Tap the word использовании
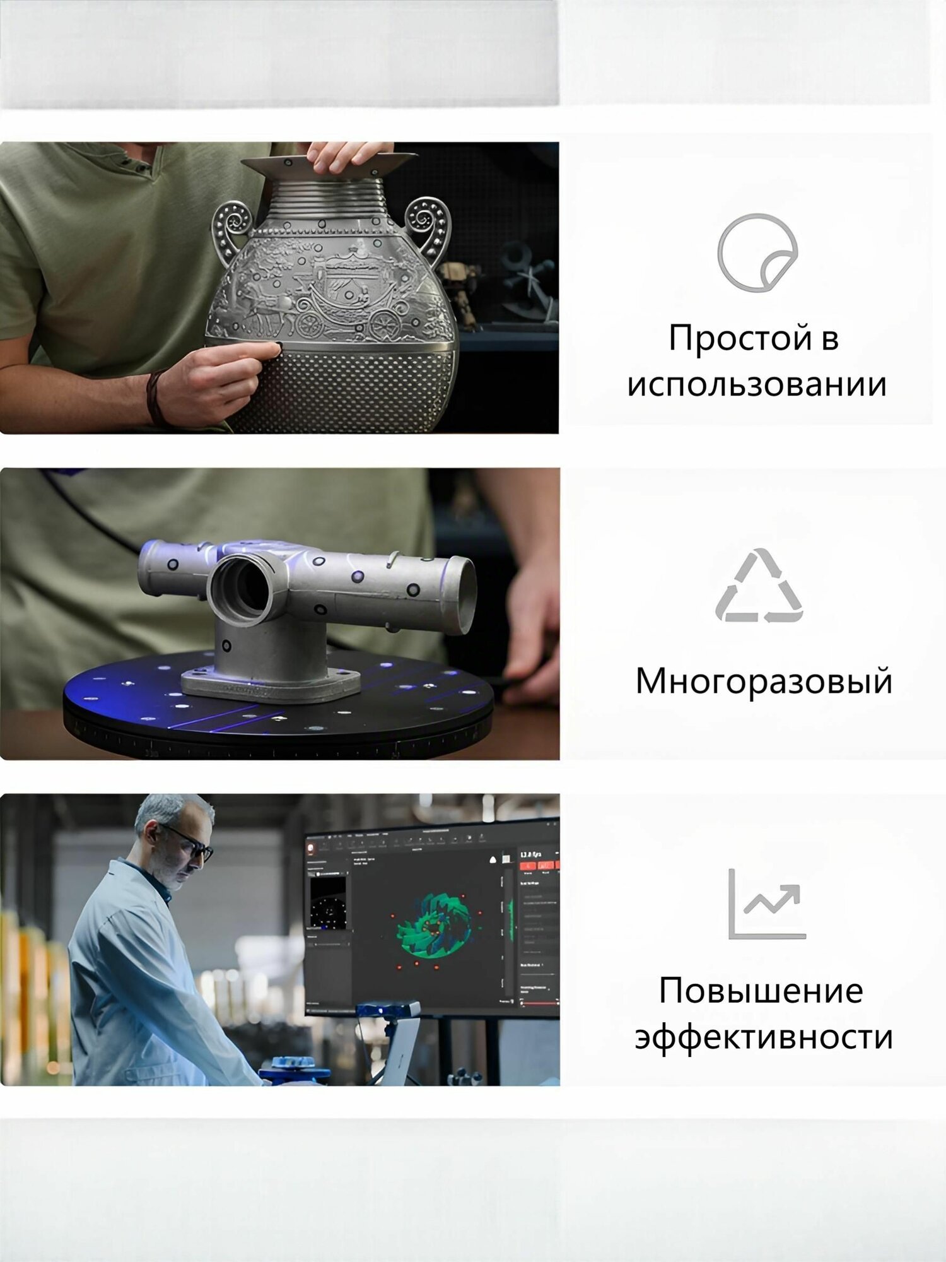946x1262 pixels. point(757,385)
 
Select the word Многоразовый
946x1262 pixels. point(763,681)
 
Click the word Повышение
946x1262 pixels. point(761,991)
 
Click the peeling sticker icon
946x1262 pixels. point(757,253)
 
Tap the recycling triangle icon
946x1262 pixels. point(759,587)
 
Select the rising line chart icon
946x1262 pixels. point(766,904)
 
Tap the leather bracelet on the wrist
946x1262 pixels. point(154,397)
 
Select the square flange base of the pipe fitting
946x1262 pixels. point(271,685)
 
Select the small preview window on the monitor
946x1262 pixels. point(329,902)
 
